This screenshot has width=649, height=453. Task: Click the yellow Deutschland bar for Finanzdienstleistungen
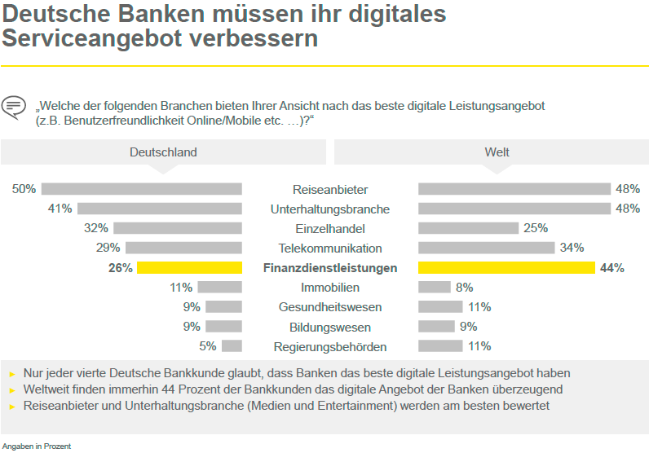point(189,268)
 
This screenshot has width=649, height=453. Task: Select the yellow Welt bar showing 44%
point(506,268)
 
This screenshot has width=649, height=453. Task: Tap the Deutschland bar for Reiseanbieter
point(142,189)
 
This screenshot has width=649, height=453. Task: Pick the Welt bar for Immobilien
point(435,288)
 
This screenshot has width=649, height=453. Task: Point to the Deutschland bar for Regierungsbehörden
point(232,346)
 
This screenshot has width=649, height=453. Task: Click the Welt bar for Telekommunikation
point(486,248)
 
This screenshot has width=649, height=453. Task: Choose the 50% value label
point(24,189)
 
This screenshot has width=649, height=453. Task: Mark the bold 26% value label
point(120,268)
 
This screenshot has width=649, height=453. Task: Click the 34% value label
point(572,248)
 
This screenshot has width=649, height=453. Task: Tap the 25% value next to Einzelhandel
point(536,228)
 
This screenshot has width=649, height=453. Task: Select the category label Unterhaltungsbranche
point(330,209)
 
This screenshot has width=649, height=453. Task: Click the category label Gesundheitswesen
point(330,307)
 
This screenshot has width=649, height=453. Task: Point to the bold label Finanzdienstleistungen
point(330,268)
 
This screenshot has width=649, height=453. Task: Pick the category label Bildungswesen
point(330,327)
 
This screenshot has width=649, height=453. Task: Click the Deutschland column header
point(163,152)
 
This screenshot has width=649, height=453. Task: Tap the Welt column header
point(497,152)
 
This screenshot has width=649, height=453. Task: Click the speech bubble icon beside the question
point(14,107)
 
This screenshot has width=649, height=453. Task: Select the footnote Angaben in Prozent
point(36,446)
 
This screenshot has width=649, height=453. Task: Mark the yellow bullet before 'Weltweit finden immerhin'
point(12,390)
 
